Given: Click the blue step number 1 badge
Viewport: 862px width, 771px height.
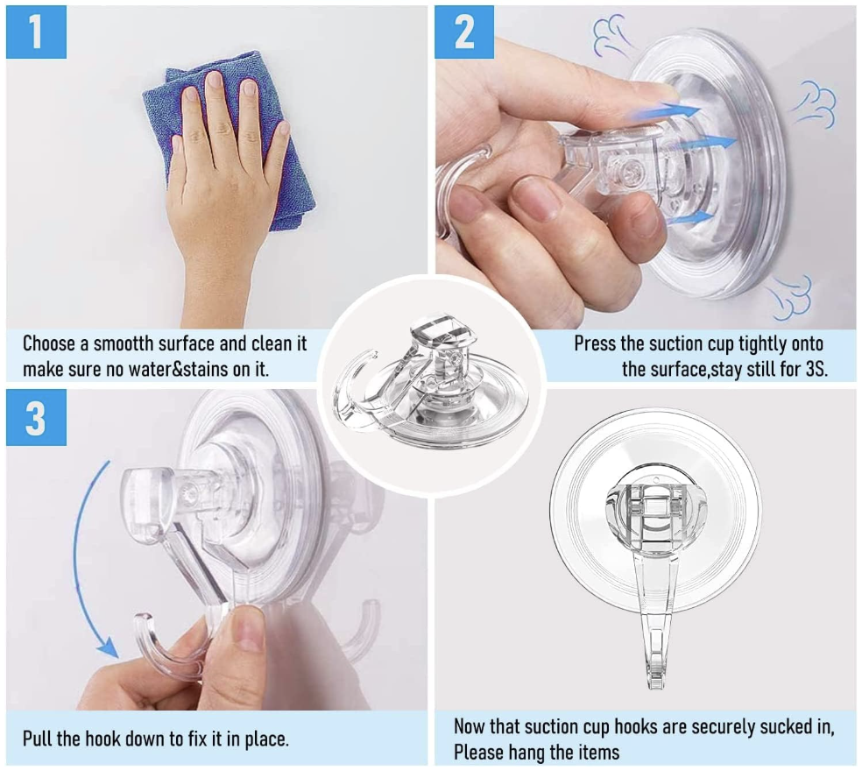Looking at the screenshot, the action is (36, 32).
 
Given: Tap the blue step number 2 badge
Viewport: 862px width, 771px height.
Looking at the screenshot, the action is (464, 32).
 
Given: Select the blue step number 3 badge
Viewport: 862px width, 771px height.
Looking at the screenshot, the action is (36, 418).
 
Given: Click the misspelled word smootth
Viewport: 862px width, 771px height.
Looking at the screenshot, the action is (124, 343).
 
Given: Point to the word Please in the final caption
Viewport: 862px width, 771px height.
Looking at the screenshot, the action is (479, 752).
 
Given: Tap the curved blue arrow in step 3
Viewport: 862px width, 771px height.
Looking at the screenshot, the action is (82, 555).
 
